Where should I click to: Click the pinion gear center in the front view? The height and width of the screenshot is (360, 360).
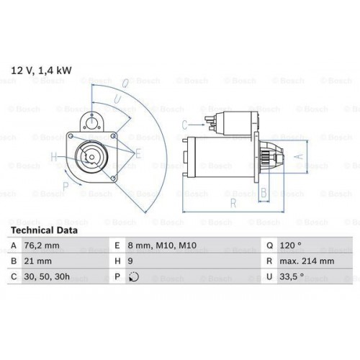point(91,153)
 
